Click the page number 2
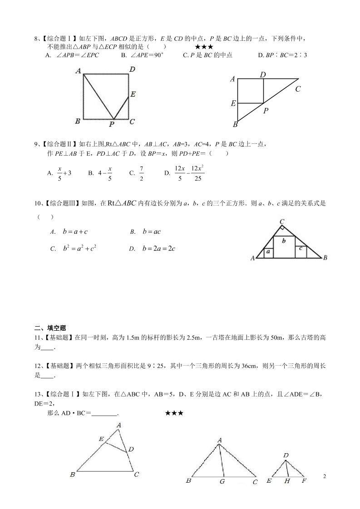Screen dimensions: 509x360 click(324, 476)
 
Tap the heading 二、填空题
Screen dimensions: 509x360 click(50, 328)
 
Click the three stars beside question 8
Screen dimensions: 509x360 click(204, 47)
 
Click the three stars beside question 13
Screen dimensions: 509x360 click(174, 413)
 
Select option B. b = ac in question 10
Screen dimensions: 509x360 click(146, 232)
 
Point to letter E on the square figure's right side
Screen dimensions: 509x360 click(133, 94)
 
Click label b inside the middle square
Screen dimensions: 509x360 click(284, 241)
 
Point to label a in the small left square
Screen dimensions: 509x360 click(268, 251)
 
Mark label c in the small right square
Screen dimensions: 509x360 click(301, 249)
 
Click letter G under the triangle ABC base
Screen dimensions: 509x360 click(222, 481)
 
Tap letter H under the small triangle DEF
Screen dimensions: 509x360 click(287, 481)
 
